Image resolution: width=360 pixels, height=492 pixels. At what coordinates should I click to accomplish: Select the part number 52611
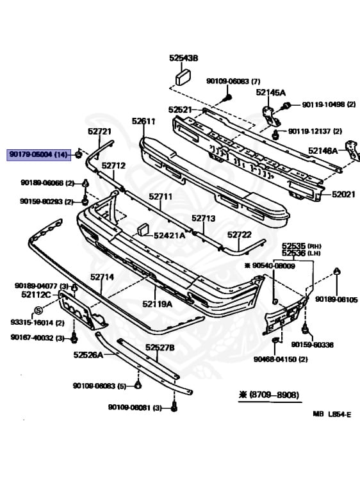click(x=144, y=121)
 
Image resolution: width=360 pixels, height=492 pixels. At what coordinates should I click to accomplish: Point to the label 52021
click(x=343, y=193)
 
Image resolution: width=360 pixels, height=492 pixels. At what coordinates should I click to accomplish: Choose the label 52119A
click(x=157, y=304)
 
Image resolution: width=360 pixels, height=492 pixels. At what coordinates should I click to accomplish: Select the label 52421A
click(x=169, y=235)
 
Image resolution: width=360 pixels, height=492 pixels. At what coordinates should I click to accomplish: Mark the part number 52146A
click(x=323, y=151)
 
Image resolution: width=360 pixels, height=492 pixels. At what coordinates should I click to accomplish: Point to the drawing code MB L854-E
click(x=332, y=414)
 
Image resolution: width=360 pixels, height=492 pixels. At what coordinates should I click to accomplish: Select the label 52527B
click(x=160, y=348)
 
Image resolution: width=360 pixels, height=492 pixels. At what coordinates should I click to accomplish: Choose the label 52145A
click(x=270, y=92)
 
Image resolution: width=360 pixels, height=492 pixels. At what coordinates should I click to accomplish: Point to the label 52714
click(x=102, y=277)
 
